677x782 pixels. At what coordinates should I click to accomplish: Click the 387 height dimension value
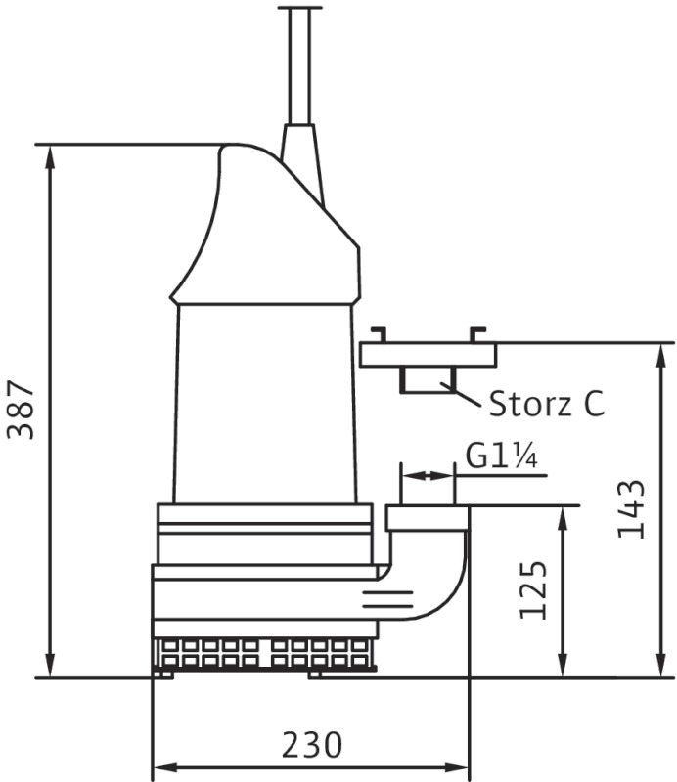pyautogui.click(x=21, y=410)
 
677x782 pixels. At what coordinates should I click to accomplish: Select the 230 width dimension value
pyautogui.click(x=312, y=745)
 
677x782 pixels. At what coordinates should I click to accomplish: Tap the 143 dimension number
pyautogui.click(x=631, y=509)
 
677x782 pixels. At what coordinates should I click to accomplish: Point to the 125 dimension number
pyautogui.click(x=533, y=590)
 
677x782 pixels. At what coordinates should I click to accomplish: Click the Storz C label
pyautogui.click(x=547, y=403)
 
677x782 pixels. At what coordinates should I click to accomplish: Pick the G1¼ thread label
pyautogui.click(x=501, y=456)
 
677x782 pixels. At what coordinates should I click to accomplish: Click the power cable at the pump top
pyautogui.click(x=299, y=65)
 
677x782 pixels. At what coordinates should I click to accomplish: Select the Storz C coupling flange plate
pyautogui.click(x=428, y=355)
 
